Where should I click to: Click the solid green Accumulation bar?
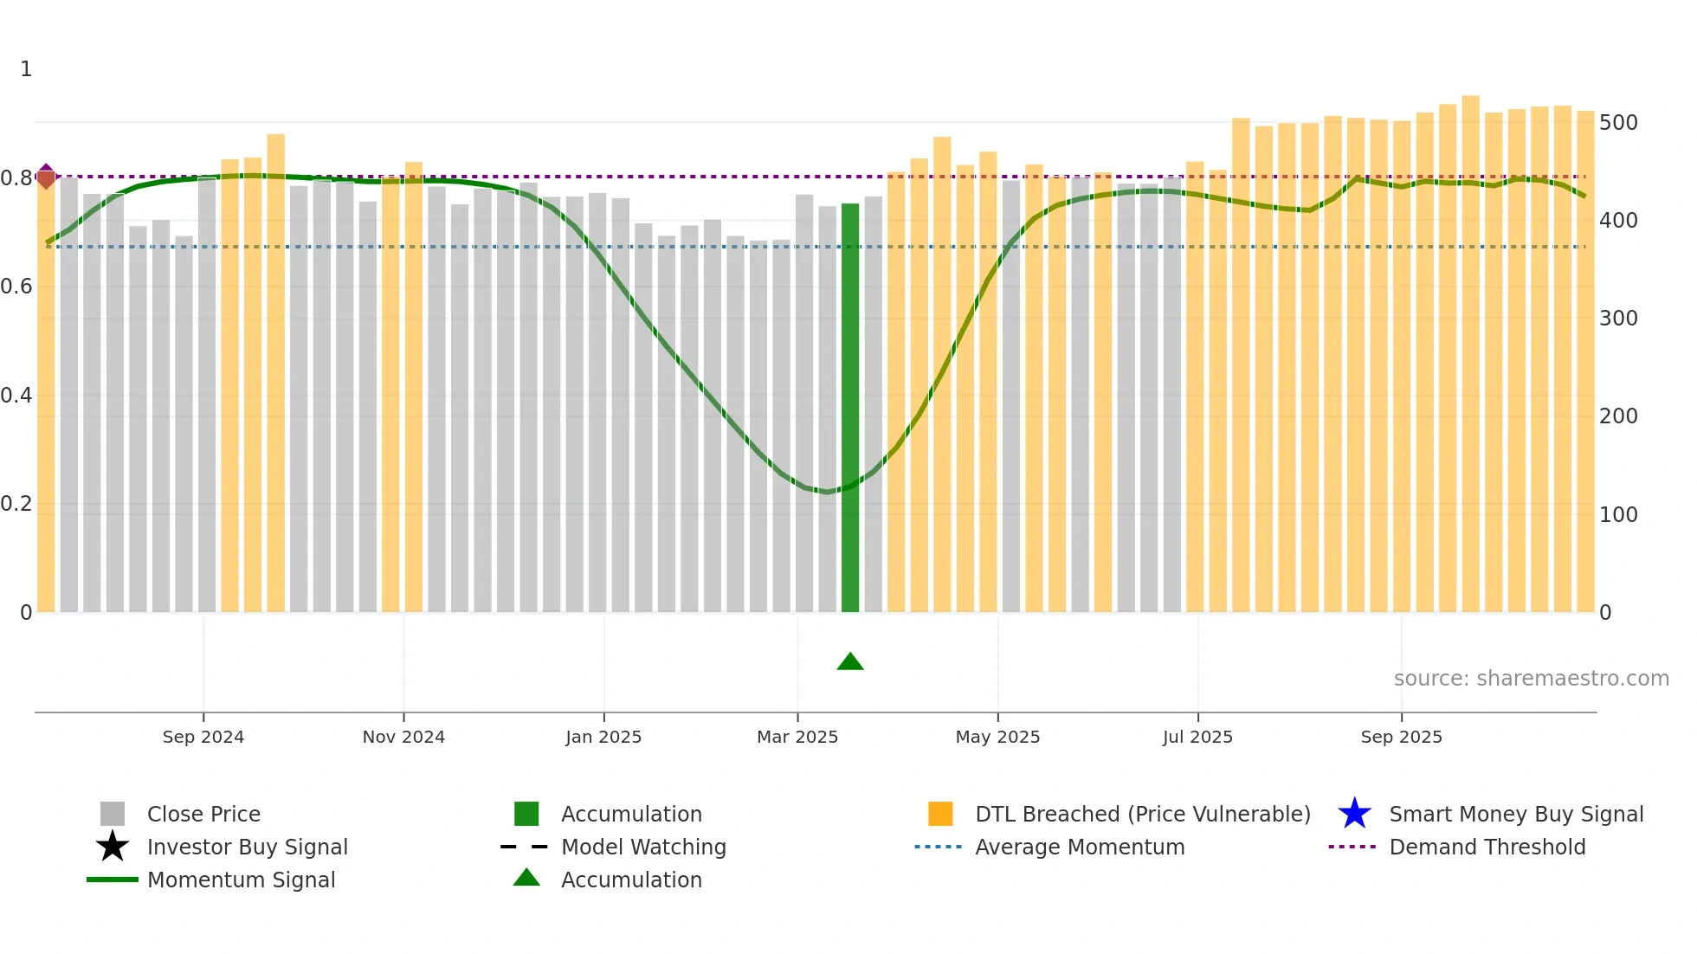(850, 407)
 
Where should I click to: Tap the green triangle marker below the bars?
(850, 662)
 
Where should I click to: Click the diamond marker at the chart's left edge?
(46, 177)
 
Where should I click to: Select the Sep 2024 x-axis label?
(203, 737)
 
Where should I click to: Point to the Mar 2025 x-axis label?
(797, 737)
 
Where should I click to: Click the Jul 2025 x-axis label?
(1197, 737)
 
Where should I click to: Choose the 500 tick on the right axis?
(1618, 123)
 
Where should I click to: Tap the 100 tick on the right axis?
(1618, 515)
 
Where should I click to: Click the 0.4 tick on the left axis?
(16, 396)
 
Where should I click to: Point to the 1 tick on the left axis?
(26, 69)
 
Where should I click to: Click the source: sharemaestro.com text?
(1531, 679)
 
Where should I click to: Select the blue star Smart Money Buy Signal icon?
(1354, 814)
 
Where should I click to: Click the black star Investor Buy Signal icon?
(113, 847)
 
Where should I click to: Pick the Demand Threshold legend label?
(1487, 847)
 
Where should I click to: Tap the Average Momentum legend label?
(1080, 847)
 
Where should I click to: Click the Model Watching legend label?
(643, 847)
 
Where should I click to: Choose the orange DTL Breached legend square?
(940, 814)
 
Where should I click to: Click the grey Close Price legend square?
(113, 814)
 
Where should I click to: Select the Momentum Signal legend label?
(241, 880)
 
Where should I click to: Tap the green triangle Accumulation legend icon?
(526, 878)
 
